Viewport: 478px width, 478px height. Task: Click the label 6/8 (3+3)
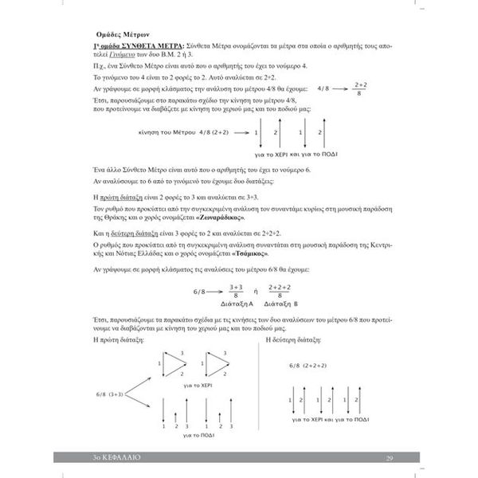pos(108,394)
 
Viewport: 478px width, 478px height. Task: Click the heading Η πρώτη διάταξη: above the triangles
pos(118,338)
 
